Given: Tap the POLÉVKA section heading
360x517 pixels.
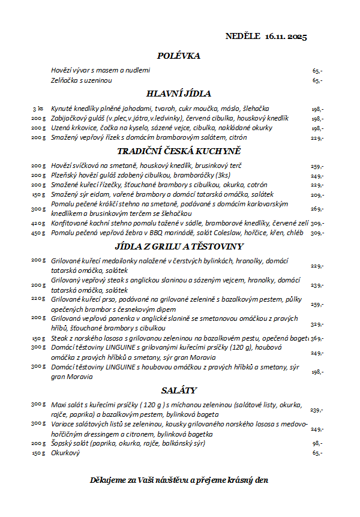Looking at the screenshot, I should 178,56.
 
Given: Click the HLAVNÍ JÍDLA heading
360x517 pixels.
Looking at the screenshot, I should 178,94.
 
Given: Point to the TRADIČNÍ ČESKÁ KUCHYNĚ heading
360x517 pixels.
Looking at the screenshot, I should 178,151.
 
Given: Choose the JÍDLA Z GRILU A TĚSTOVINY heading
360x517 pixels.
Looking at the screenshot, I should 178,246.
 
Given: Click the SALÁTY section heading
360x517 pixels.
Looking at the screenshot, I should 178,390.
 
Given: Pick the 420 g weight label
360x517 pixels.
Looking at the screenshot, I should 38,223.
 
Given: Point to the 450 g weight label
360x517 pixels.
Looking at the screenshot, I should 38,233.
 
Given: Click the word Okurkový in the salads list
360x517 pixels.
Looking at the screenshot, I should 65,453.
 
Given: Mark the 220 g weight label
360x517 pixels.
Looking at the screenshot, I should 38,298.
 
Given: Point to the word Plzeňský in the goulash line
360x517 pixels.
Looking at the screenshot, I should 65,175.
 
